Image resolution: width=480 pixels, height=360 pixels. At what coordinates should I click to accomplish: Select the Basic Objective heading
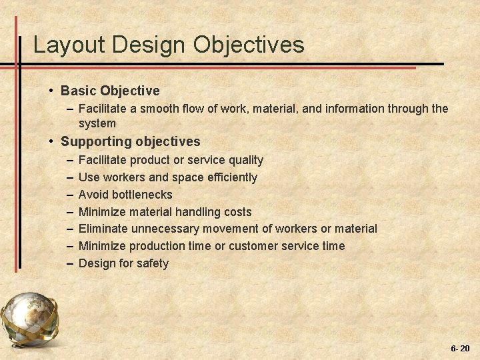[x=110, y=90]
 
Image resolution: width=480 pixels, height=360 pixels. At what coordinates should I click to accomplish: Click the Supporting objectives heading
[x=130, y=141]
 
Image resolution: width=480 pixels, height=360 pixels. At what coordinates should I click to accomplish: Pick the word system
[x=97, y=123]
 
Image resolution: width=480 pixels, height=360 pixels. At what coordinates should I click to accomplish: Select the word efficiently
[x=231, y=177]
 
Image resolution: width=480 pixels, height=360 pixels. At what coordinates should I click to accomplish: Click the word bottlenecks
[x=141, y=195]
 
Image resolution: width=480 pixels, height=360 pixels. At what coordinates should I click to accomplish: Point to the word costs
[x=237, y=212]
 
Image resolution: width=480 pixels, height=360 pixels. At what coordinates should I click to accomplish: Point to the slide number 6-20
[x=460, y=349]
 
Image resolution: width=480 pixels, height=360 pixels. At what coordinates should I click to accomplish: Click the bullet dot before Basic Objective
[x=51, y=91]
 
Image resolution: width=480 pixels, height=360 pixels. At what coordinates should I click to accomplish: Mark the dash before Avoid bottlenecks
[x=71, y=195]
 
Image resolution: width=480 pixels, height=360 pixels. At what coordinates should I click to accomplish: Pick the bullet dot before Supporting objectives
[x=51, y=141]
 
